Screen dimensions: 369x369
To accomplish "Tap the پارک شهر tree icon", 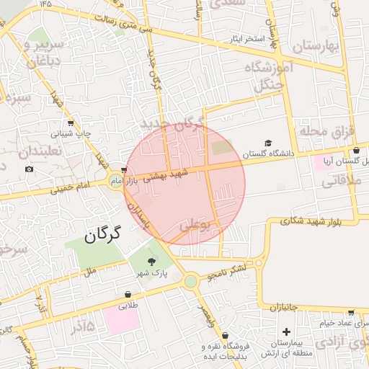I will coord(151,263).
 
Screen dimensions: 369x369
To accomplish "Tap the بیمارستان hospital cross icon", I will coord(287,332).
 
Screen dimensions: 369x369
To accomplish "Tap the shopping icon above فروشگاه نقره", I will coord(226,335).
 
